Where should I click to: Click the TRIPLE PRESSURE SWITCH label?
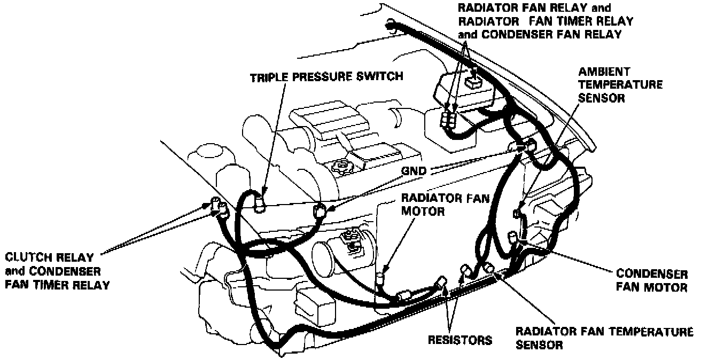pyautogui.click(x=326, y=76)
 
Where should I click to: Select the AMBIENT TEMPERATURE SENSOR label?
pyautogui.click(x=620, y=85)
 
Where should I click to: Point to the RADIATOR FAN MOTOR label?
pyautogui.click(x=431, y=205)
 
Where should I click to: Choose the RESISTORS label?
pyautogui.click(x=459, y=340)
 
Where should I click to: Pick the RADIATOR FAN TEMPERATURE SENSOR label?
pyautogui.click(x=604, y=339)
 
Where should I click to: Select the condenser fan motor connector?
pyautogui.click(x=512, y=237)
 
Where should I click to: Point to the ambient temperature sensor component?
pyautogui.click(x=517, y=213)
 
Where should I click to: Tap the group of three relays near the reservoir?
pyautogui.click(x=449, y=118)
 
